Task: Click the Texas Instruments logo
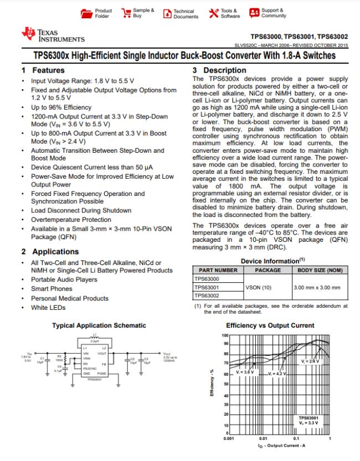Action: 53,36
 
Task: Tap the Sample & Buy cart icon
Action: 126,13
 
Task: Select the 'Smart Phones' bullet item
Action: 52,289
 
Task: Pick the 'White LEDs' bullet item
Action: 48,308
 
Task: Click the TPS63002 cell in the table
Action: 207,296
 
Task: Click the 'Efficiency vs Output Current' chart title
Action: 270,325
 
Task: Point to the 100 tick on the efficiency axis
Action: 225,335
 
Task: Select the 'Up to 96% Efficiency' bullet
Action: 61,107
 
